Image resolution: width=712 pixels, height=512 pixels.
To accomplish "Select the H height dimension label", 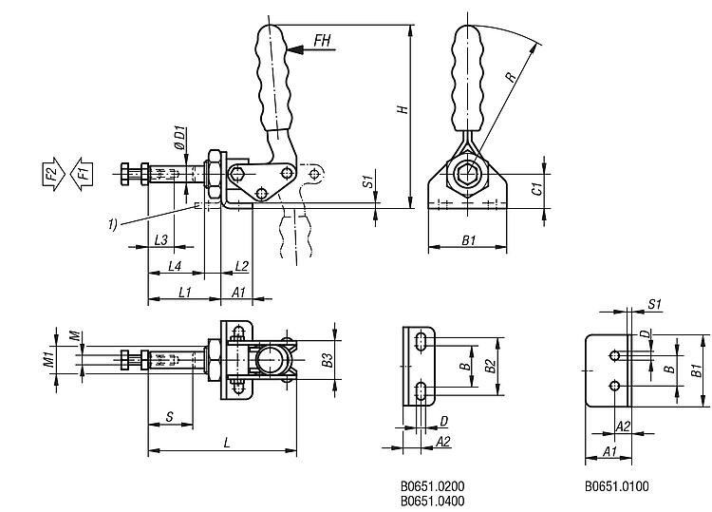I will click(x=403, y=110).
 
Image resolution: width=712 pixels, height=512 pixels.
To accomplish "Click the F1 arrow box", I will click(x=83, y=174).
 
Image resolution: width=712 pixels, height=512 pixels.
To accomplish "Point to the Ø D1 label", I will click(x=180, y=142).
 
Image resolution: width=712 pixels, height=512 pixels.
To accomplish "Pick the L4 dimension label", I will click(x=175, y=266).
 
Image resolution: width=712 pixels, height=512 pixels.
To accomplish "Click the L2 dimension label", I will click(x=240, y=266).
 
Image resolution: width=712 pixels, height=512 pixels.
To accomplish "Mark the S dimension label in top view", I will click(x=169, y=415).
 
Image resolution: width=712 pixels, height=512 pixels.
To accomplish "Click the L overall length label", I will click(x=226, y=443).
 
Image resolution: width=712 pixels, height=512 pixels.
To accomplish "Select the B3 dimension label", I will click(x=327, y=359).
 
